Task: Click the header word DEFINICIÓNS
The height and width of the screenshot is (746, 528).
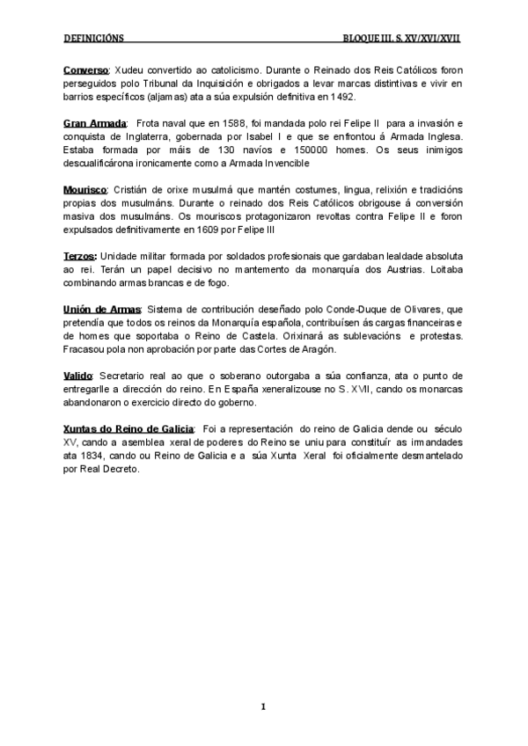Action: click(x=95, y=40)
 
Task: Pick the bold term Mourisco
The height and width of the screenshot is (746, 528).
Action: click(x=85, y=191)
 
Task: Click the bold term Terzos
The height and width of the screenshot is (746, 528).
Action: click(x=81, y=255)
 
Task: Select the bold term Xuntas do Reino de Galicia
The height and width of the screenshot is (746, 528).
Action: click(x=128, y=428)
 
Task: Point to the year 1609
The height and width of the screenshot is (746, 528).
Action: click(x=204, y=230)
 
